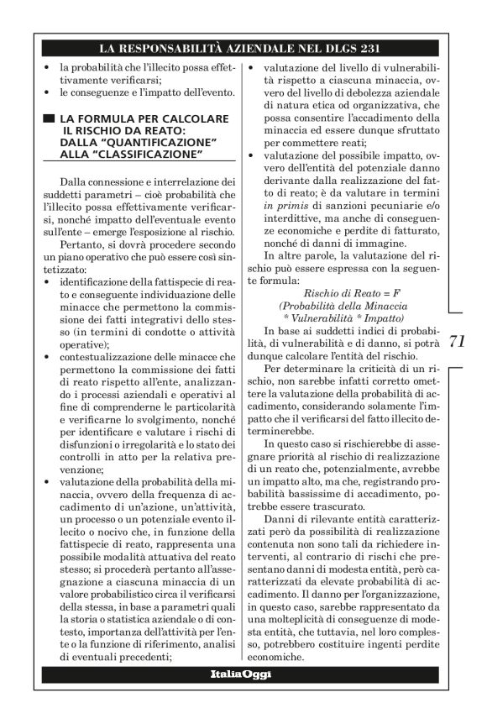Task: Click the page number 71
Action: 458,342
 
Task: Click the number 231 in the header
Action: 371,47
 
